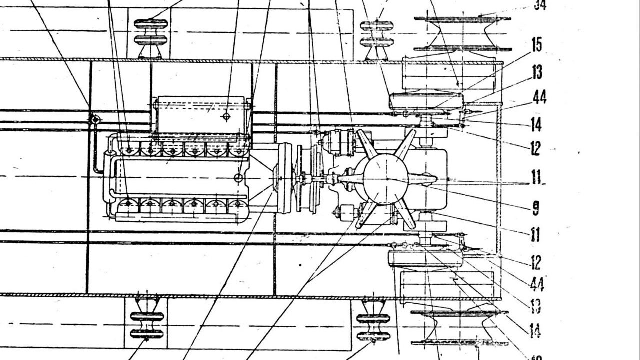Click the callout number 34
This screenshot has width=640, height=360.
tap(540, 5)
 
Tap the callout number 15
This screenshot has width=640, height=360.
tap(536, 45)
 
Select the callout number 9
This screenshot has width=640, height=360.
tap(536, 207)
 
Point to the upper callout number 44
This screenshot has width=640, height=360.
tap(539, 97)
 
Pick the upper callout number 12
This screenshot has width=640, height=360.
tap(535, 148)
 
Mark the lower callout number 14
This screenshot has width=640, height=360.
tap(535, 330)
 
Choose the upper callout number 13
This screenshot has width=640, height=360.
tap(537, 73)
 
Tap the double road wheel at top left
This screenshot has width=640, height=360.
tap(151, 32)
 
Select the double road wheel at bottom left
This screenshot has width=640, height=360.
tap(147, 325)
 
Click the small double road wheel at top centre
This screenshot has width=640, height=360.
tap(376, 34)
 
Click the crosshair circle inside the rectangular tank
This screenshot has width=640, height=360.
tap(226, 116)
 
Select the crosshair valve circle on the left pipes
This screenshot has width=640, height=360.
tap(93, 120)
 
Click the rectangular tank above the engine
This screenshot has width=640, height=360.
tap(202, 115)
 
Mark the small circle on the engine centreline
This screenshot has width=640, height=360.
tap(239, 178)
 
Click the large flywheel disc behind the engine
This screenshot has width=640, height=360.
tap(285, 178)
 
